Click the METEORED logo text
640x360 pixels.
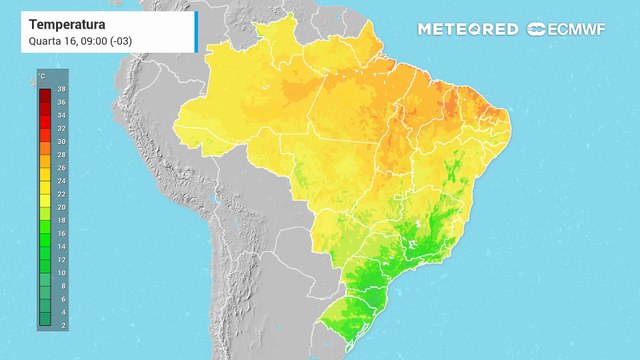pos(469,29)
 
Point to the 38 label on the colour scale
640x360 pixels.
pos(61,90)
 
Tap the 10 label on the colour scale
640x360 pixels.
pos(61,272)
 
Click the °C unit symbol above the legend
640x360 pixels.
pos(41,77)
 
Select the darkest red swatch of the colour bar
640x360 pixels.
pos(45,96)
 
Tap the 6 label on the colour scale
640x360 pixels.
pos(61,298)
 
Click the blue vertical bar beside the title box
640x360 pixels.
pos(196,31)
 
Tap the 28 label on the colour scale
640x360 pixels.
pos(61,155)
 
